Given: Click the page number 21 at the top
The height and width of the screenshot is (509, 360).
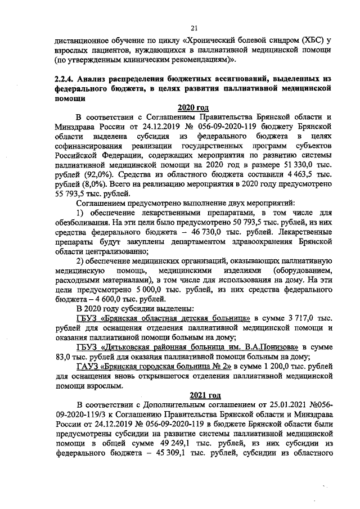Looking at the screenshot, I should tap(193, 28).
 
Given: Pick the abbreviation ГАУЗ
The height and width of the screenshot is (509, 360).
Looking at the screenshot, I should tap(86, 366).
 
